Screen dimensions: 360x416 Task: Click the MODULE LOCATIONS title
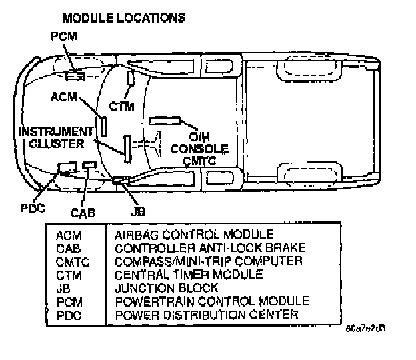tap(123, 18)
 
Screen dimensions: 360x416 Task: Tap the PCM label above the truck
tap(64, 37)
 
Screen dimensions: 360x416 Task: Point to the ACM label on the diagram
tap(64, 98)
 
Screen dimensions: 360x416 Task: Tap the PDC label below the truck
tap(31, 207)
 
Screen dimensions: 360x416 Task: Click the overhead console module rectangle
tap(166, 121)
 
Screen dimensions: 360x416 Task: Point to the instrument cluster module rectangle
tap(126, 147)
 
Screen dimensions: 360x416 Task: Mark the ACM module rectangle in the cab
tap(105, 126)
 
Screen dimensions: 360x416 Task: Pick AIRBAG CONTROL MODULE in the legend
tap(194, 234)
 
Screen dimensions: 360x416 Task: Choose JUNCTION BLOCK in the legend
tap(166, 287)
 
